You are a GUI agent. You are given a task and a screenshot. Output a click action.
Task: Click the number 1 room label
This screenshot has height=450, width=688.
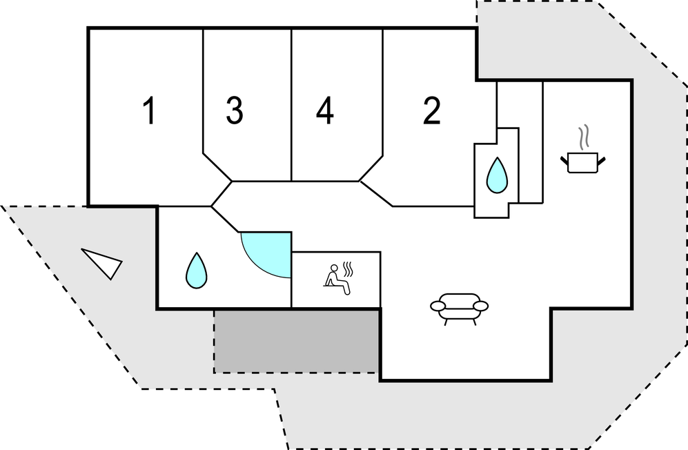click(148, 112)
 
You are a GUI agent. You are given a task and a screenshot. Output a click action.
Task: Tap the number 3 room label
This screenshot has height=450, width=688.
click(235, 111)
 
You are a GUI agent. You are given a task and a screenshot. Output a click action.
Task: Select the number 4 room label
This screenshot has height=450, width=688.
click(325, 112)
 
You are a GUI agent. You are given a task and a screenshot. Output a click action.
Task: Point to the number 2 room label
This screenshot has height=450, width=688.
click(432, 111)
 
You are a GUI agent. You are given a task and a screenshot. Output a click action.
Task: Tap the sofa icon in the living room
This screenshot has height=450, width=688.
click(459, 306)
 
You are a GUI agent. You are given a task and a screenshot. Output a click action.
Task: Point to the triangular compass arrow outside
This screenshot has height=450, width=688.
click(103, 263)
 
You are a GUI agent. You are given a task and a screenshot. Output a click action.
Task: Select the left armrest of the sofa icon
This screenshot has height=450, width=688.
click(437, 306)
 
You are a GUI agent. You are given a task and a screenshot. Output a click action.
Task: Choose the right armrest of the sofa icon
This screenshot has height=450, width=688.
click(481, 306)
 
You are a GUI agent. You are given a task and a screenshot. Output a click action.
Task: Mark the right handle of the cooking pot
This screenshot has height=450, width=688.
click(604, 162)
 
